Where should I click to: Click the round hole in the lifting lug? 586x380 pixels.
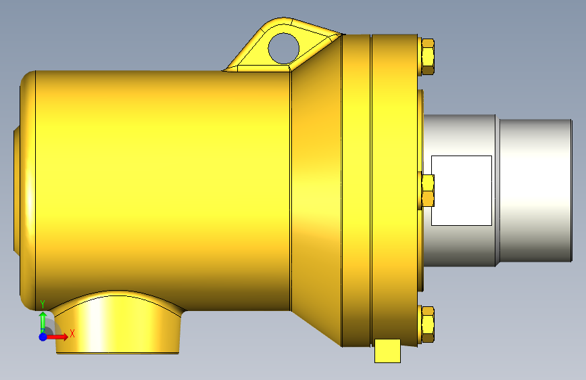point(284,49)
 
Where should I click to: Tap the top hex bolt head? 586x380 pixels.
point(428,57)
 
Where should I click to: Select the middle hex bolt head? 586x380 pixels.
point(428,191)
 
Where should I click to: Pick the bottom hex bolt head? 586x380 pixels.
point(428,325)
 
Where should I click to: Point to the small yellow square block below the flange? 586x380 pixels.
point(387,351)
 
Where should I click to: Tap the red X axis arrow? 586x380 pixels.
point(56,337)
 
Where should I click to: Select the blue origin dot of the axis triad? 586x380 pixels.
point(43,337)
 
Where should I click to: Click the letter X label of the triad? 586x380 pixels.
point(72,333)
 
